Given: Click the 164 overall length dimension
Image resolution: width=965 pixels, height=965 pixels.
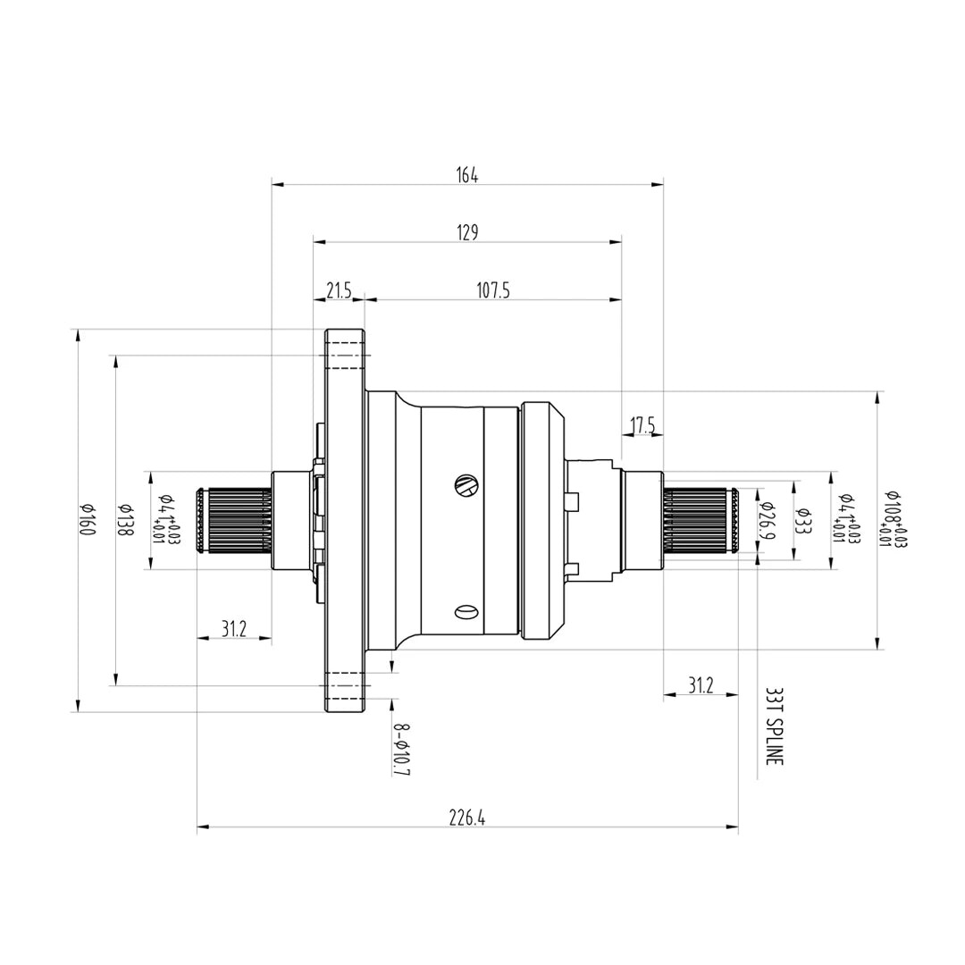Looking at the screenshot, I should [467, 175].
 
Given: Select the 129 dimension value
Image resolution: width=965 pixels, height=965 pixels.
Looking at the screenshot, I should [467, 232].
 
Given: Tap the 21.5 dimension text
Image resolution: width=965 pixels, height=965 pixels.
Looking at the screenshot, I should [340, 290].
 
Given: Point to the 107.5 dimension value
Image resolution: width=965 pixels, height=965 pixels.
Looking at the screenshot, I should [493, 290].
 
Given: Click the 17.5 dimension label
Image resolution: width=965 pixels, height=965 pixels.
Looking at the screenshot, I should [642, 426].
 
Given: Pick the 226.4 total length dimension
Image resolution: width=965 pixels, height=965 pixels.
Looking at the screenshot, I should [467, 818].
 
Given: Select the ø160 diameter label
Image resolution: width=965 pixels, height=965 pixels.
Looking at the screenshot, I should [88, 519].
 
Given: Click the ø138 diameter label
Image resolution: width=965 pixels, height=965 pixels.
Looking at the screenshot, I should [125, 519].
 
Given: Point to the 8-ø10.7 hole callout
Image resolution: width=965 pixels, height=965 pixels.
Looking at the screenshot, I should [401, 749].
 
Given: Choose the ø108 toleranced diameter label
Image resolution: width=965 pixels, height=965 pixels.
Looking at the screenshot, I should [893, 519].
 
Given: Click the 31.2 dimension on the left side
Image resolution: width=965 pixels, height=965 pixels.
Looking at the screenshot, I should [233, 629].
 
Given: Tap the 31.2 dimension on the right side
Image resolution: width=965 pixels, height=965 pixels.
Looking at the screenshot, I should [701, 684].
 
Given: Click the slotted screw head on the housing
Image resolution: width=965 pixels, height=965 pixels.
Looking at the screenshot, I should [466, 484].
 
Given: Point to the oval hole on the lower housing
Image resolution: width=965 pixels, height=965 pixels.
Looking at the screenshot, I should [466, 612].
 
